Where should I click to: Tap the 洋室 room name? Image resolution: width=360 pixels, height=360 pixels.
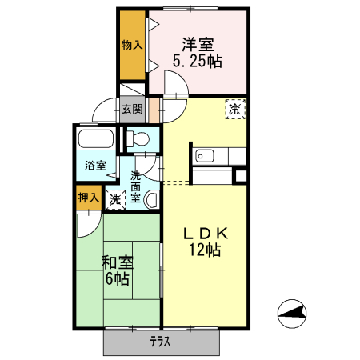tap(197, 43)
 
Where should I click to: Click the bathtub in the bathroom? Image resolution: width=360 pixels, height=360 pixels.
tap(97, 141)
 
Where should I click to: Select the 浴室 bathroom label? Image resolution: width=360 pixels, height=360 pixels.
tap(96, 166)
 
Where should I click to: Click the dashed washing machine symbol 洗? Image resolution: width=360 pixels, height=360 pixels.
tap(116, 198)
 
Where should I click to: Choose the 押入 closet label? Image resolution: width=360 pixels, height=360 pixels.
tap(89, 197)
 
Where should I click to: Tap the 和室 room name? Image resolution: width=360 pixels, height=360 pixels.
tap(117, 262)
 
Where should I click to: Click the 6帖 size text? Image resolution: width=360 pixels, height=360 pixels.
tap(117, 280)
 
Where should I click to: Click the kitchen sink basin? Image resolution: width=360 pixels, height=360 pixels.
tap(202, 155)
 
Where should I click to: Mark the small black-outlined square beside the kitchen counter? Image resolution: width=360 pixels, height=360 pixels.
tap(241, 176)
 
